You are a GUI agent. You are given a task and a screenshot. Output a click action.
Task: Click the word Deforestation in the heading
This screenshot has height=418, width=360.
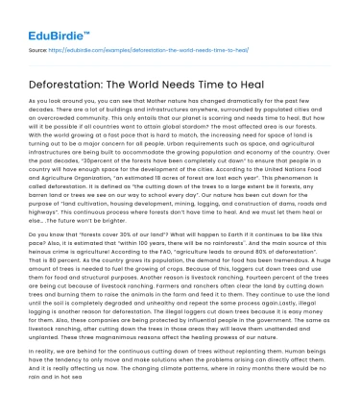click(68, 83)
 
